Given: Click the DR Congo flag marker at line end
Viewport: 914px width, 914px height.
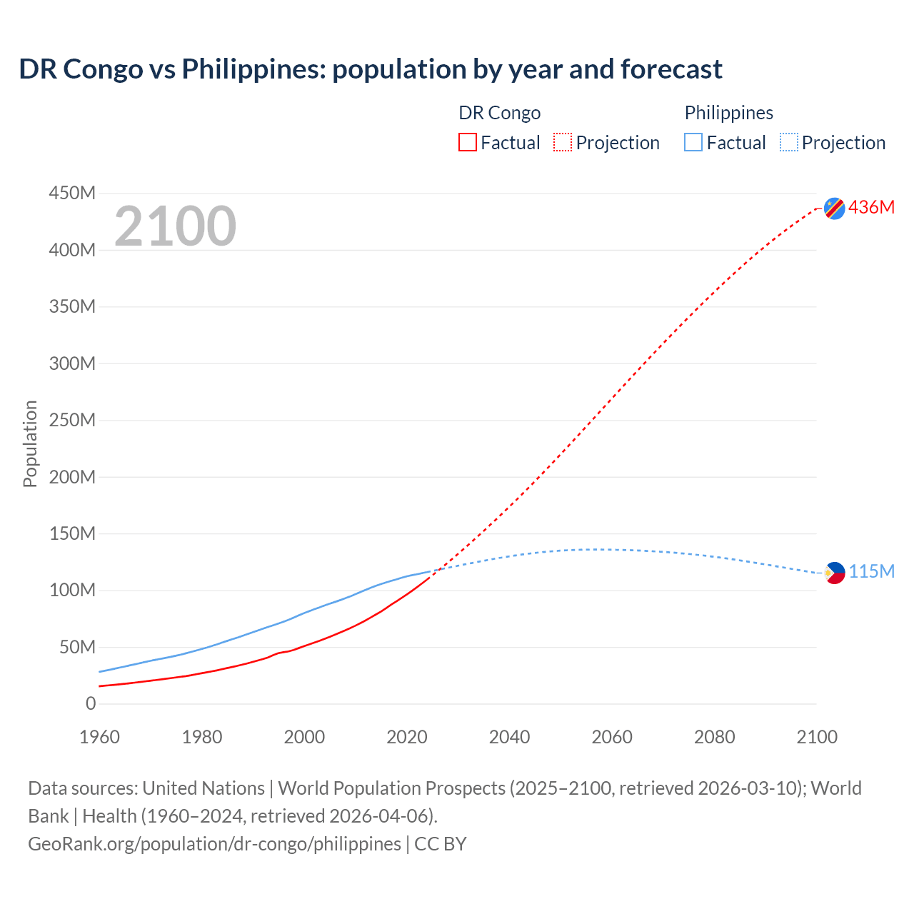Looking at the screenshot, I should (x=834, y=208).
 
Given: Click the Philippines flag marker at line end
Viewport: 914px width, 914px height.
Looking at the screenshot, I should (x=834, y=573).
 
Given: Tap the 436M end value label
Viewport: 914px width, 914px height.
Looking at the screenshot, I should (x=871, y=207).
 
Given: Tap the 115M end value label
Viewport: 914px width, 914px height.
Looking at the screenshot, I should (x=871, y=572).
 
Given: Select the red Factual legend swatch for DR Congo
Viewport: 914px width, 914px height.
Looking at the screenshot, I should (x=467, y=142).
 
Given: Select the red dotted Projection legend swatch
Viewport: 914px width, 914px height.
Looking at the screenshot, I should (x=563, y=142).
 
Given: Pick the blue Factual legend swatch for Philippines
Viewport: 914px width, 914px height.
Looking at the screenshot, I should (x=693, y=142).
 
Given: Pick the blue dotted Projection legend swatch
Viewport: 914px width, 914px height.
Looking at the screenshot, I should (x=788, y=142).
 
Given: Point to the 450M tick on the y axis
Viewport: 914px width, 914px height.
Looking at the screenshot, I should (x=72, y=194).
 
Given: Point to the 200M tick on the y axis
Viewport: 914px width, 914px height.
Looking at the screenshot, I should (x=72, y=477).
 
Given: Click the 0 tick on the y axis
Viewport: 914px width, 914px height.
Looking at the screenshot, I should (x=90, y=703).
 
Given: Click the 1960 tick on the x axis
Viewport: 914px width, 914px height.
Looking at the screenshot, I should (x=99, y=737).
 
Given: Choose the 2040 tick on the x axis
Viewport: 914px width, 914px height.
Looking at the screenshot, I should (x=509, y=737).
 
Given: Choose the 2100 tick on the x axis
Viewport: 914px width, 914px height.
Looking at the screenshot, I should (x=817, y=737).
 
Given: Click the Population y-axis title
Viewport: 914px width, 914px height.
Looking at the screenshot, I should (x=30, y=443).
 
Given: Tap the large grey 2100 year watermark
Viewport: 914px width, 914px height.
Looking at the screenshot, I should (x=175, y=226).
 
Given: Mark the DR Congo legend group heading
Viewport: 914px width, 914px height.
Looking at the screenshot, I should (x=499, y=113).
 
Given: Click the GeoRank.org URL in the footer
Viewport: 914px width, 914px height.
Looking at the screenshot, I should (x=214, y=843).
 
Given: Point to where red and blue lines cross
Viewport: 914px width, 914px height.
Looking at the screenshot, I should (x=438, y=569).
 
